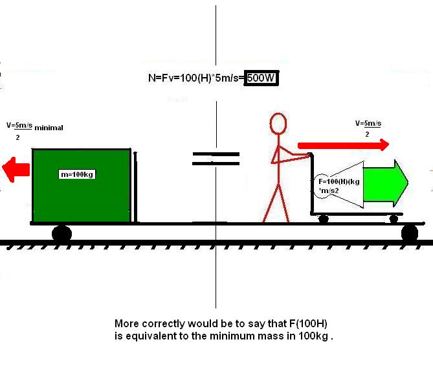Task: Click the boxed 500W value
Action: point(261,79)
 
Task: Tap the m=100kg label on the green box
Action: point(77,174)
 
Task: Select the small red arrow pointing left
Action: point(16,170)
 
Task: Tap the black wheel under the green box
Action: point(61,233)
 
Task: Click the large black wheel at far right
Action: point(409,233)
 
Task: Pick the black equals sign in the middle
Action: point(216,159)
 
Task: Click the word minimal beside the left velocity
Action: point(49,128)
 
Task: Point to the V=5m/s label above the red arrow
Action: point(368,122)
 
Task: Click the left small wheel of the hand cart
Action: point(323,219)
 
